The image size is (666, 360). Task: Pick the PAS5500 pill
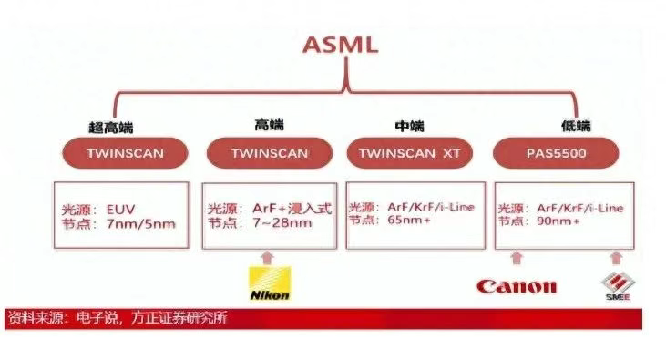555,153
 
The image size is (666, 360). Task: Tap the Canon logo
516,286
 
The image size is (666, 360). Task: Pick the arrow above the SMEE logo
616,258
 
